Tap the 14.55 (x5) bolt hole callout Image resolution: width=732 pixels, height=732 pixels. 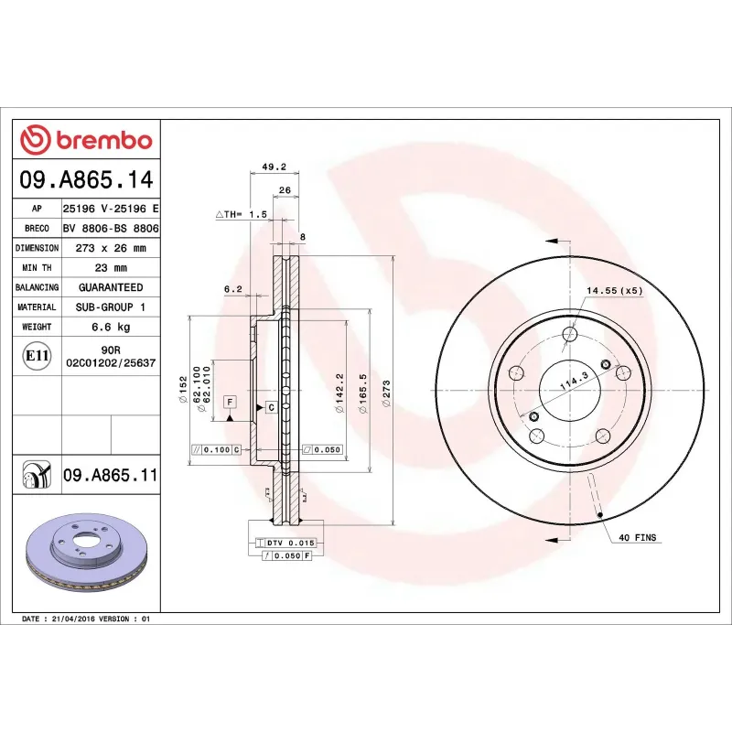click(614, 291)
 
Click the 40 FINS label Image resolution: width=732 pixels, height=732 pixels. click(638, 537)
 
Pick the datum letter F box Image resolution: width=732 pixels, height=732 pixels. click(229, 402)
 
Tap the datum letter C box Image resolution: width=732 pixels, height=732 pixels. click(272, 406)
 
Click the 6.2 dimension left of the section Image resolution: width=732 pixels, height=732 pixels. click(232, 289)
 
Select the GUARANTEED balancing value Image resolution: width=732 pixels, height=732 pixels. click(110, 287)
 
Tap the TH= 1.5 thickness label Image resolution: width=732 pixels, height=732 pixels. click(242, 213)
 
